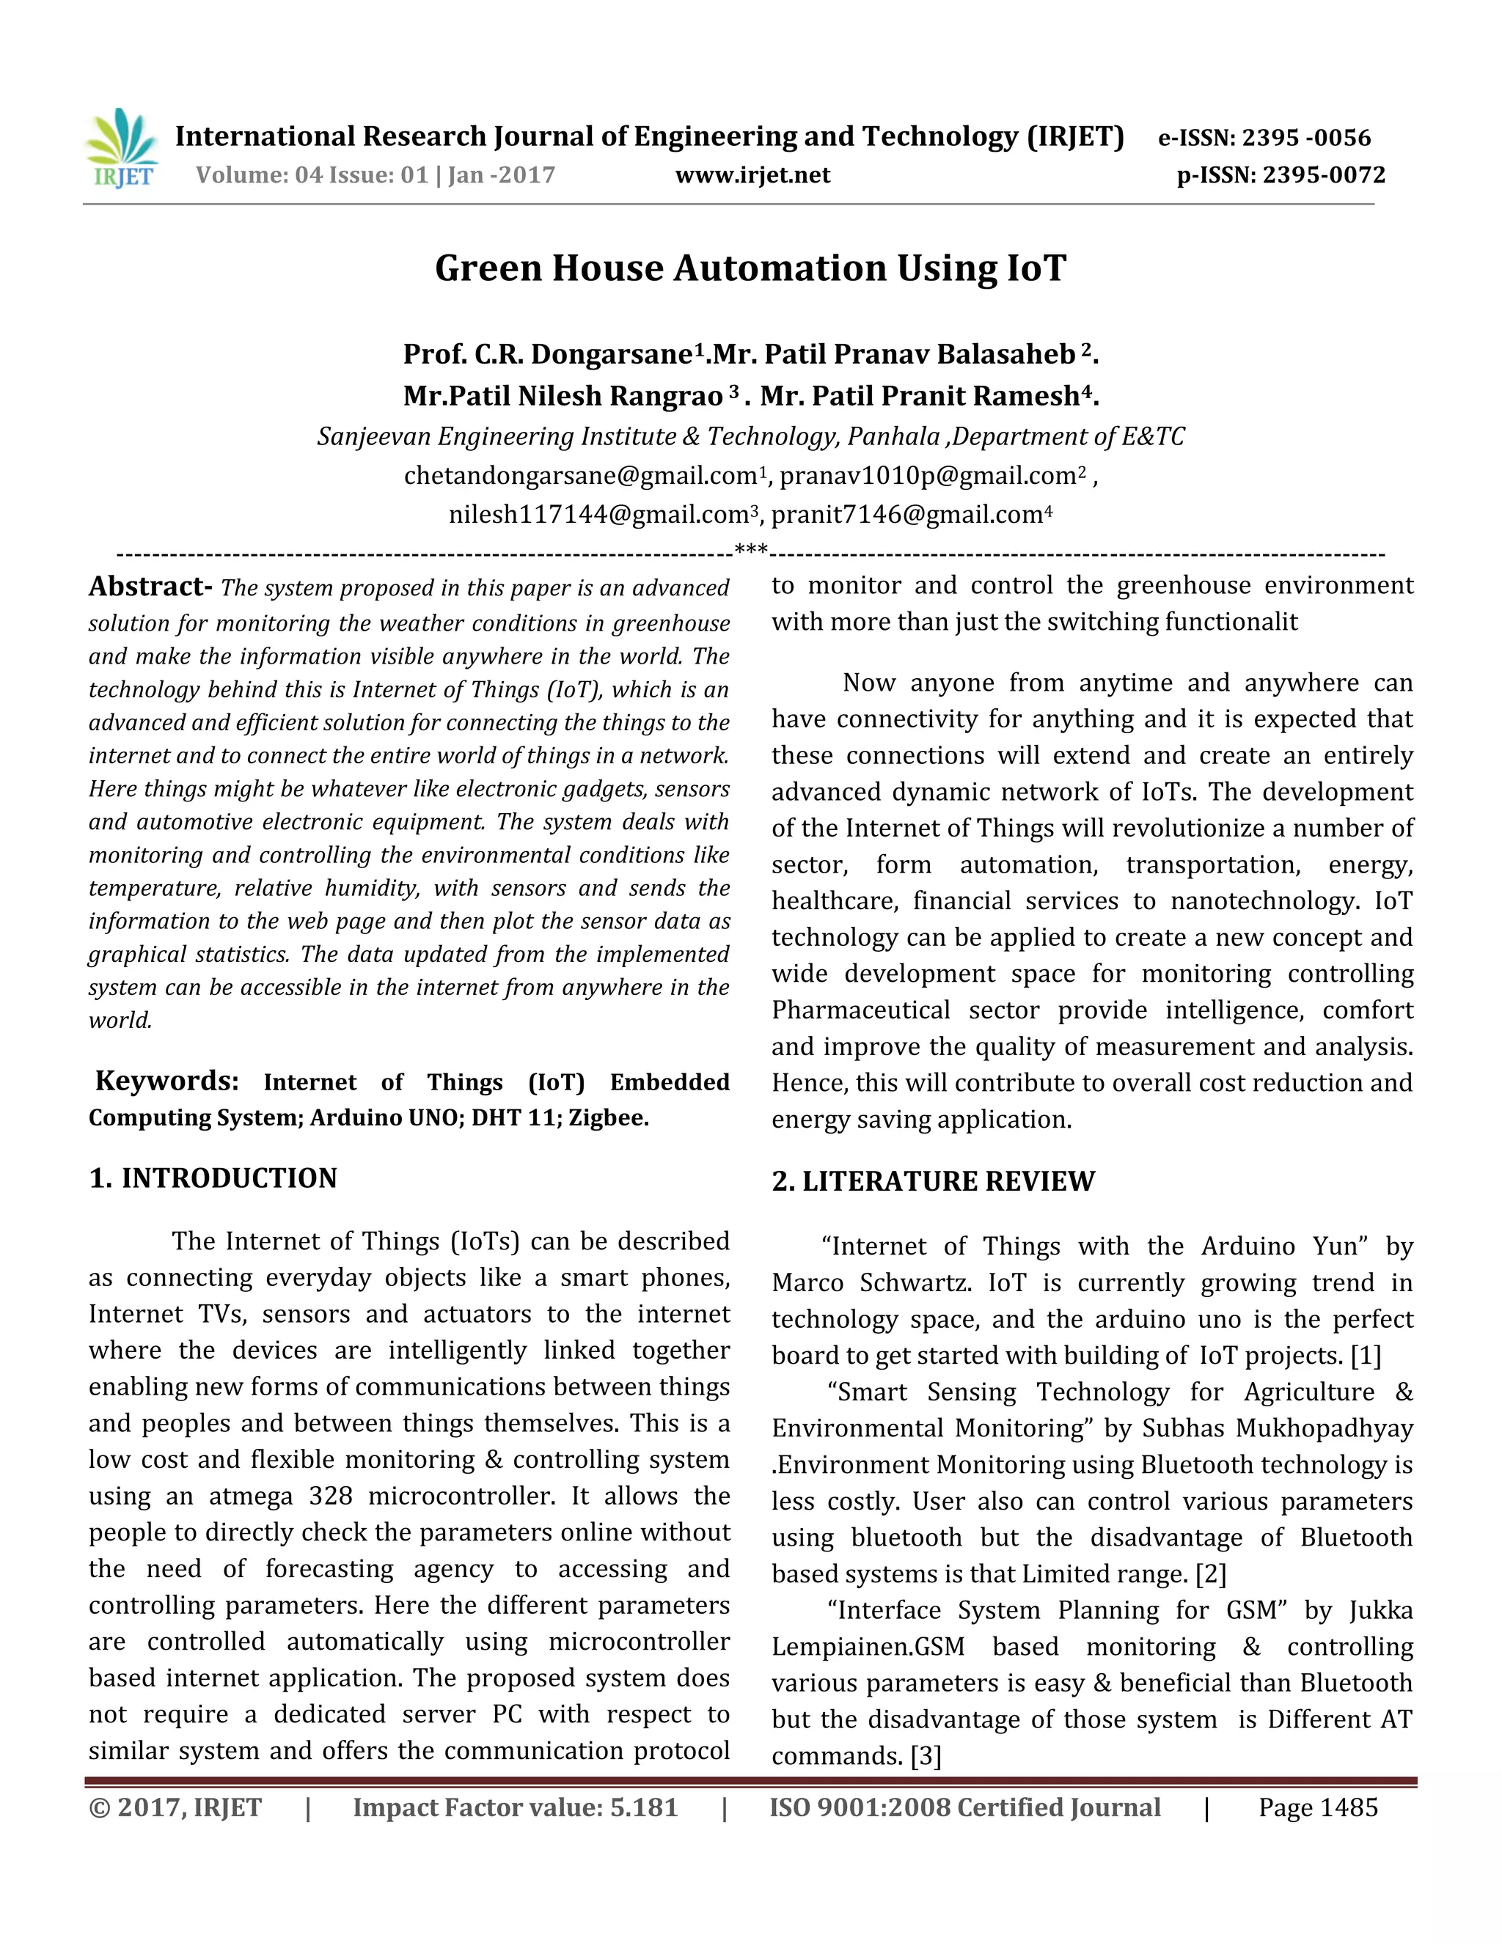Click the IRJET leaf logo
pyautogui.click(x=121, y=147)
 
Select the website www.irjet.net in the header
pyautogui.click(x=752, y=175)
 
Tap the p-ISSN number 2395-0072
pyautogui.click(x=1323, y=175)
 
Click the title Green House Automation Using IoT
pyautogui.click(x=750, y=268)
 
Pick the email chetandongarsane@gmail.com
pyautogui.click(x=580, y=476)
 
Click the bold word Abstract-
pyautogui.click(x=150, y=587)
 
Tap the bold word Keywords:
pyautogui.click(x=166, y=1081)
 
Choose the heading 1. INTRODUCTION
pyautogui.click(x=213, y=1178)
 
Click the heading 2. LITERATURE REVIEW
pyautogui.click(x=933, y=1181)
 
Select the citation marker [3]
pyautogui.click(x=926, y=1757)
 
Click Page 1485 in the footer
pyautogui.click(x=1317, y=1808)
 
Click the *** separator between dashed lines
pyautogui.click(x=751, y=551)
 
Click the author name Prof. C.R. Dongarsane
pyautogui.click(x=547, y=355)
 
